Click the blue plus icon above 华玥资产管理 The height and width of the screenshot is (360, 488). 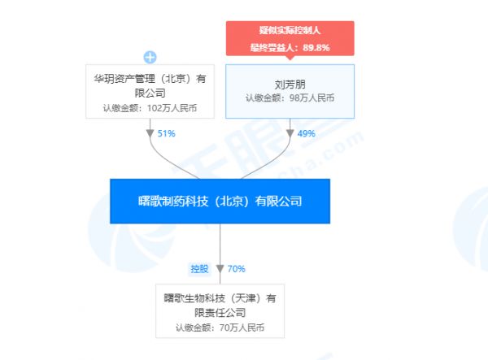click(x=150, y=57)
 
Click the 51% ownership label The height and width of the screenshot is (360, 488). click(x=166, y=133)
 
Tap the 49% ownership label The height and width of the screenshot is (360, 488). click(x=307, y=133)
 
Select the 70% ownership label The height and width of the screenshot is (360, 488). click(x=236, y=269)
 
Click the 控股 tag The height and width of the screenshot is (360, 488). click(x=199, y=269)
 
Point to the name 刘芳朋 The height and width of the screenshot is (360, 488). click(x=290, y=85)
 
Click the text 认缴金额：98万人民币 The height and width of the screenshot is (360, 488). click(x=290, y=98)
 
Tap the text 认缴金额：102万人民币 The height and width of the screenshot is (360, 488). click(x=150, y=108)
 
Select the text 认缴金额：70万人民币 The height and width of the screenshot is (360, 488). click(x=220, y=327)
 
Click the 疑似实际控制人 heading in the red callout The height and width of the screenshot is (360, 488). click(x=290, y=30)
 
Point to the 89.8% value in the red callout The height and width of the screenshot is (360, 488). click(x=316, y=48)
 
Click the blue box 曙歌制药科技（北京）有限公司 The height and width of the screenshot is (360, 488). click(x=220, y=202)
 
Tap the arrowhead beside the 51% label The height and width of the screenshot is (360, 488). click(x=150, y=133)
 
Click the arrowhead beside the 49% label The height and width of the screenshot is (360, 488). click(x=290, y=133)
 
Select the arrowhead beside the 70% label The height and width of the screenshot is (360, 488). click(x=220, y=269)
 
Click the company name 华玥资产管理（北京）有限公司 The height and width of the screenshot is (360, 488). click(x=150, y=85)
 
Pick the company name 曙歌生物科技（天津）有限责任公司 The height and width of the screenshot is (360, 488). click(x=220, y=306)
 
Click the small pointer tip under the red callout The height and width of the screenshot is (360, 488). click(x=290, y=59)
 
